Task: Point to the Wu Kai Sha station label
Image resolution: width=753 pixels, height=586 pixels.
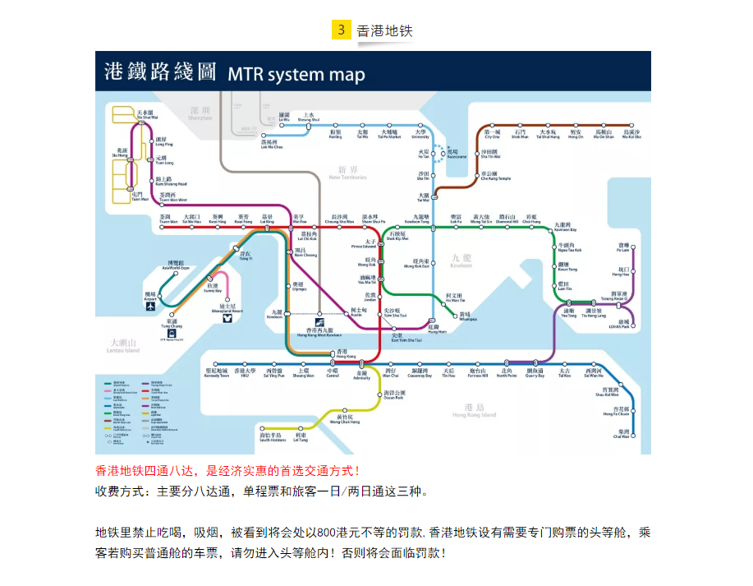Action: [631, 134]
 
